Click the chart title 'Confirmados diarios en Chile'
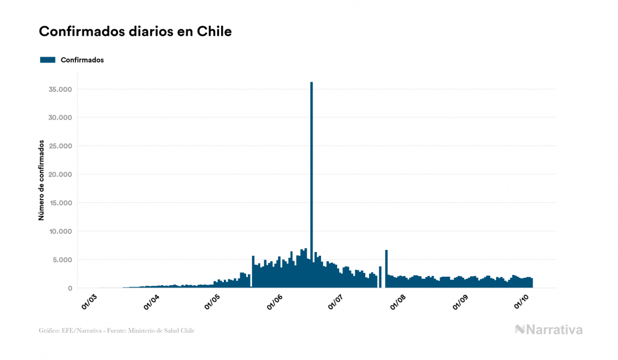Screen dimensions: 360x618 tap(135, 32)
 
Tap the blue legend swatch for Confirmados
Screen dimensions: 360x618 tap(48, 60)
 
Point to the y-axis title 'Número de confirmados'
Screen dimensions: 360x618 tap(41, 181)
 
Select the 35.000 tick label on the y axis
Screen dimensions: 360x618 tap(60, 89)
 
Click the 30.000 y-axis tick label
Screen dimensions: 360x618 tap(60, 118)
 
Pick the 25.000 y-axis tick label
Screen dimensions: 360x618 tap(60, 146)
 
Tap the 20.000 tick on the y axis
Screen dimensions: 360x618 tap(60, 175)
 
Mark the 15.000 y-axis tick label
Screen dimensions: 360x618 tap(60, 203)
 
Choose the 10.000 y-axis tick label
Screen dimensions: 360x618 tap(60, 231)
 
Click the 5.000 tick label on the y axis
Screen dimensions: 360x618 tap(62, 260)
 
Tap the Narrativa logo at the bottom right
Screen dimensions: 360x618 tap(549, 330)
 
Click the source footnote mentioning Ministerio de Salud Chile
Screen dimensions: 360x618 tap(116, 331)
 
